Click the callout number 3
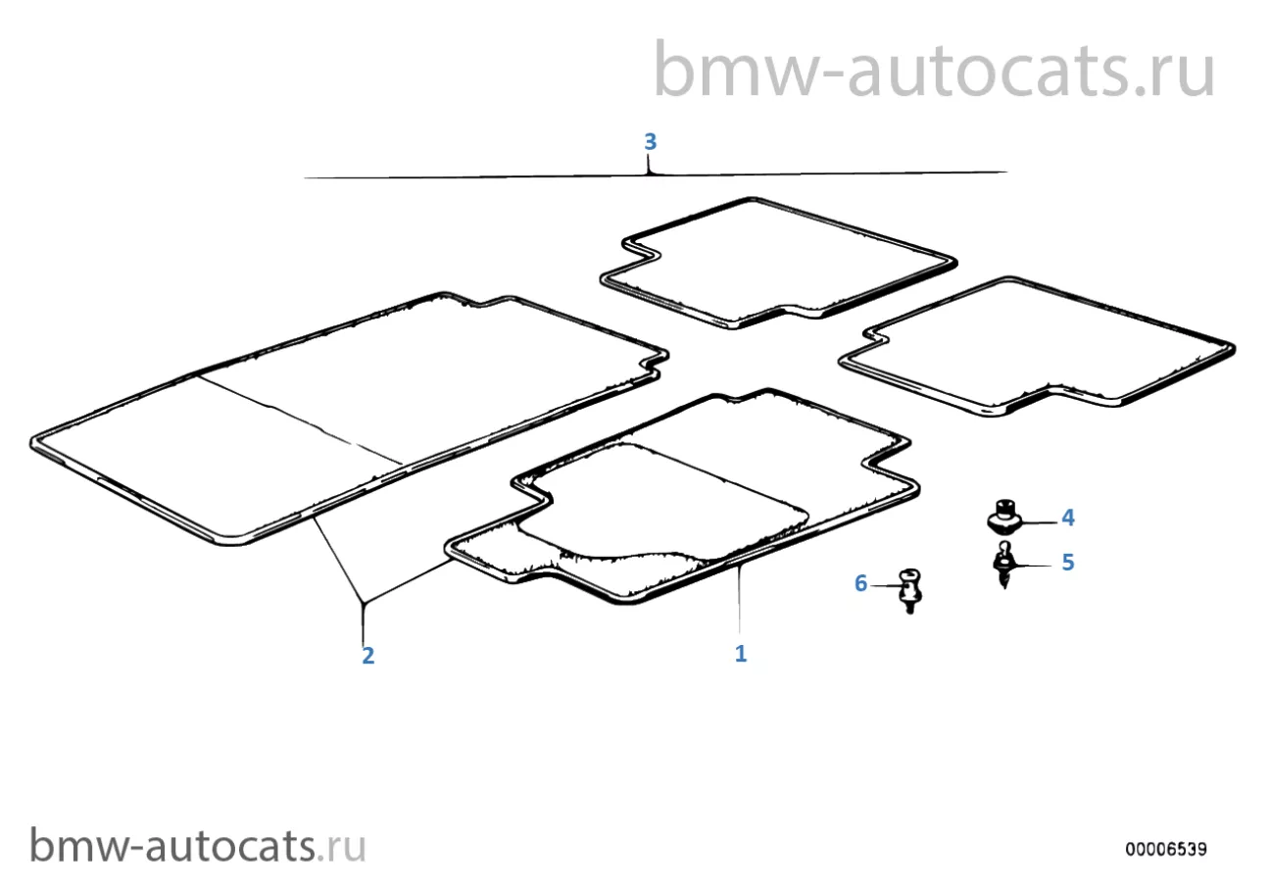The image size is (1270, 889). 651,142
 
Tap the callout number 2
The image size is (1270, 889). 367,656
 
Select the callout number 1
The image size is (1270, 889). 741,654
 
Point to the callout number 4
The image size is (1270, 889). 1067,518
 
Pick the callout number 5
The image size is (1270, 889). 1067,563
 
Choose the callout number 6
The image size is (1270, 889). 860,583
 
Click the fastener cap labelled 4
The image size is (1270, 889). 1004,517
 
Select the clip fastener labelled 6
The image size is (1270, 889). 910,590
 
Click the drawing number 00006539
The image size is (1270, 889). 1166,850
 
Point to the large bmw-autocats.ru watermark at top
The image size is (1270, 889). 933,69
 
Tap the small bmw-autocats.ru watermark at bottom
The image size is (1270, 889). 197,845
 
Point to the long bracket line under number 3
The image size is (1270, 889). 656,175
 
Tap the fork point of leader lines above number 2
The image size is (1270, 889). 363,603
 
